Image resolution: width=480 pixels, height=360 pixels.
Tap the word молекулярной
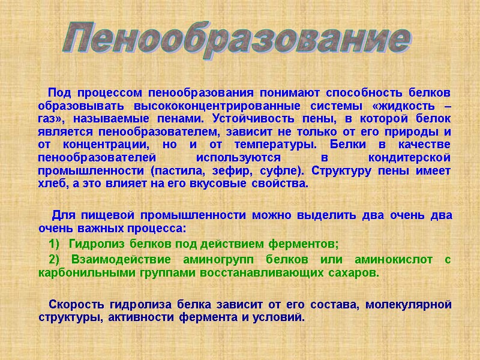click(412, 304)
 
